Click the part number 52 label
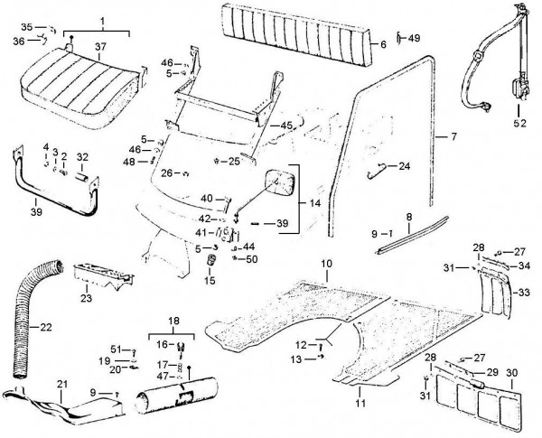point(519,123)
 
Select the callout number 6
point(383,44)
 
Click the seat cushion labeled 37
point(81,89)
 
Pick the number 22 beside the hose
point(46,327)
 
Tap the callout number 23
point(86,298)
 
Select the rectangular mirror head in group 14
point(281,182)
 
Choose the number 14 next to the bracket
point(314,203)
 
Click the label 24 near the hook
point(404,166)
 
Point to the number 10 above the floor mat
point(326,264)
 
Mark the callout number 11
point(360,403)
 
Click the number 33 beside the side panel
point(524,293)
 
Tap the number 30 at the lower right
point(512,373)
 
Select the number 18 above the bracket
point(173,321)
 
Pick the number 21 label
point(61,385)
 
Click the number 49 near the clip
point(414,38)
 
